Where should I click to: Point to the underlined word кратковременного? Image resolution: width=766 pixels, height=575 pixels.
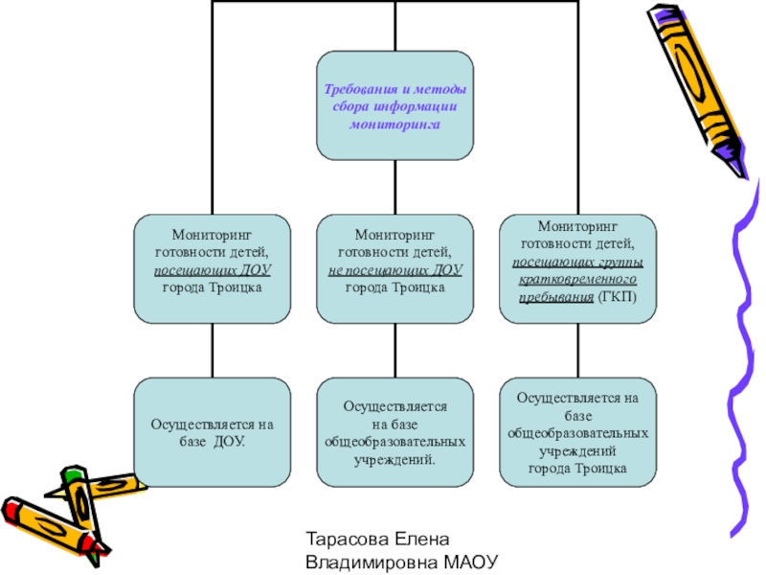point(577,280)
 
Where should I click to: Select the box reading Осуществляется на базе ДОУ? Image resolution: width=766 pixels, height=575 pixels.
point(212,431)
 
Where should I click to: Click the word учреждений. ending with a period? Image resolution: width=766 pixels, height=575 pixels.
point(394,460)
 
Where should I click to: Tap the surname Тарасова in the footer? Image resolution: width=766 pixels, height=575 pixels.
point(346,540)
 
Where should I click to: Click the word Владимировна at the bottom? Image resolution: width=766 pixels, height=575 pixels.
point(368,563)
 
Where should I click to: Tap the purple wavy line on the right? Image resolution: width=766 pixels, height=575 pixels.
point(741,364)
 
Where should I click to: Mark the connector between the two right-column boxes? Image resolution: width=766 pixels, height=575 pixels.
point(577,350)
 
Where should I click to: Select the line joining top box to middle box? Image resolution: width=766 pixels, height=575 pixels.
point(394,187)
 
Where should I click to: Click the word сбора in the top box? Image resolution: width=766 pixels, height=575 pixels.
point(350,106)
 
